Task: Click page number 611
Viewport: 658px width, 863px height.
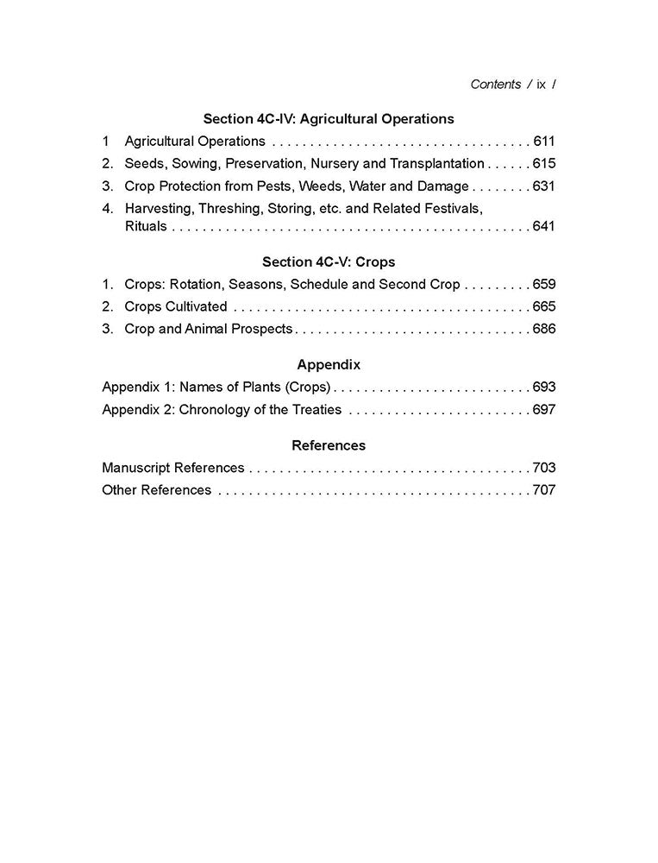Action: tap(544, 142)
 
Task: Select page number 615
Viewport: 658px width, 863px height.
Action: tap(544, 164)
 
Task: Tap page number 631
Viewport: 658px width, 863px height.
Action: tap(544, 186)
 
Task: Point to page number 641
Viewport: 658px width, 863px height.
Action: tap(544, 227)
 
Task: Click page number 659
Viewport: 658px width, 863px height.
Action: tap(544, 284)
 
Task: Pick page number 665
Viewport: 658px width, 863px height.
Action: tap(544, 306)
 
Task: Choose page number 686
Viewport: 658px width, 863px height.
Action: tap(544, 329)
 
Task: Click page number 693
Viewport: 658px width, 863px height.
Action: tap(544, 387)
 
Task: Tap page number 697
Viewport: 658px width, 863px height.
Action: tap(544, 409)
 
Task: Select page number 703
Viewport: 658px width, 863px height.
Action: tap(544, 468)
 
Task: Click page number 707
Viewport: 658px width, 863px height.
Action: tap(544, 490)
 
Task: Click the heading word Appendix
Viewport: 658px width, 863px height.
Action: tap(329, 364)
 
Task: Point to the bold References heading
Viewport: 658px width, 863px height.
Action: tap(329, 445)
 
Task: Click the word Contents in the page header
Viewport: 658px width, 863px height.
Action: tap(496, 84)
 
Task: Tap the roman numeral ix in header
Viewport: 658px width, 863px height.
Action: tap(541, 84)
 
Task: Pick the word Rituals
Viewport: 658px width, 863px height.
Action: tap(146, 227)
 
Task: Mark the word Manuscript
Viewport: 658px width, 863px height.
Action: tap(136, 468)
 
